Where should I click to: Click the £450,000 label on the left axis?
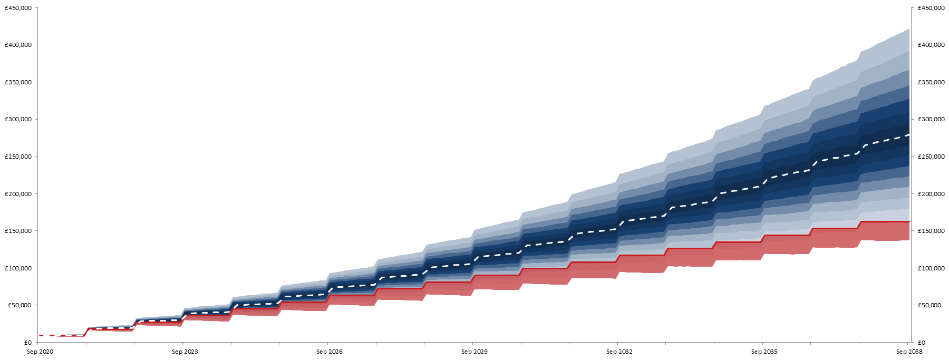[18, 8]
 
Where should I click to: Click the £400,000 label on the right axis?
[931, 45]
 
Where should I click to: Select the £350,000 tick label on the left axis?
[18, 82]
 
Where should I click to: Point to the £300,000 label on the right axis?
[931, 119]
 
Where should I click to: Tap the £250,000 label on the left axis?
[18, 157]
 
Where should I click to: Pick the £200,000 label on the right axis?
[931, 194]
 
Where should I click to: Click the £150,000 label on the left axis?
[18, 231]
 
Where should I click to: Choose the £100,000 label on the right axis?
[931, 268]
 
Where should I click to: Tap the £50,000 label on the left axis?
[20, 305]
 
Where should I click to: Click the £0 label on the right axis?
[922, 343]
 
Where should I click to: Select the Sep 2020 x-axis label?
[40, 352]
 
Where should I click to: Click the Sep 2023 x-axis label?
[185, 352]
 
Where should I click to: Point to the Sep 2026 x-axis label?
[329, 352]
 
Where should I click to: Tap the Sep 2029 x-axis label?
[474, 352]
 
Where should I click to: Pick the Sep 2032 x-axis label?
[619, 352]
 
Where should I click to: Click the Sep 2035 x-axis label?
[764, 352]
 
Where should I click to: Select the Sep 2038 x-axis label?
[909, 352]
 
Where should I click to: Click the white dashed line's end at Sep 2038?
[909, 135]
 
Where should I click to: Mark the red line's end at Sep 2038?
[909, 222]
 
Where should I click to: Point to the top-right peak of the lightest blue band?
[909, 29]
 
